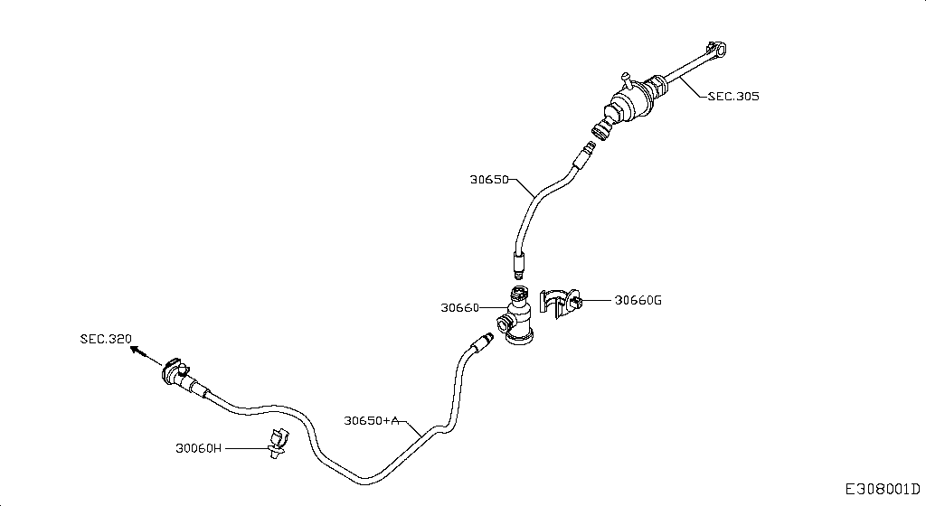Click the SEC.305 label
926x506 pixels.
733,96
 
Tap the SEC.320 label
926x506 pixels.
107,339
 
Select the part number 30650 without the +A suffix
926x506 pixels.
489,179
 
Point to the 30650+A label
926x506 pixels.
372,420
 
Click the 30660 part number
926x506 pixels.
460,307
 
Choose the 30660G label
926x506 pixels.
638,300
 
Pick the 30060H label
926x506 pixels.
198,448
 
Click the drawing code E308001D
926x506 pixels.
883,489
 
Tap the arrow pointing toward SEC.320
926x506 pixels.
146,356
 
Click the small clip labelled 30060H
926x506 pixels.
278,444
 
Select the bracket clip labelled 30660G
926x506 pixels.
560,303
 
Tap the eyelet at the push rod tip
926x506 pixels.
717,49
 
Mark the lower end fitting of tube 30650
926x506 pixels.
519,264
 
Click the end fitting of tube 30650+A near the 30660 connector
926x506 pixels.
482,342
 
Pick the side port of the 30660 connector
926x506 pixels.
505,323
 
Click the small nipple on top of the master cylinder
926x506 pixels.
626,80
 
